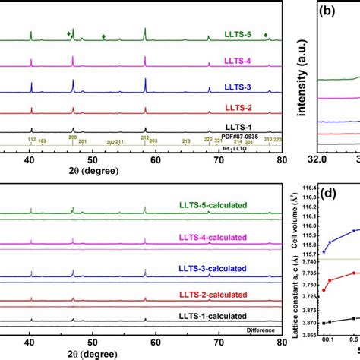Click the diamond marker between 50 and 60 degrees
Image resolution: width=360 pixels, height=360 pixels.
(103, 36)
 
